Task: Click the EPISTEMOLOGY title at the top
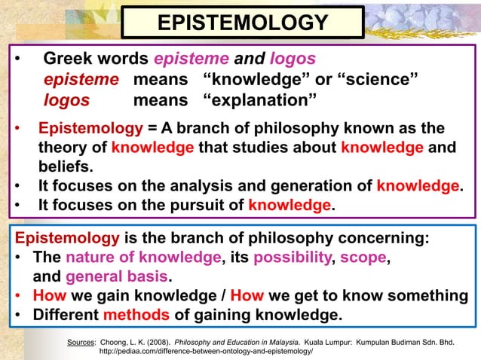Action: (x=242, y=22)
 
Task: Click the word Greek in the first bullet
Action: (x=68, y=59)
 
